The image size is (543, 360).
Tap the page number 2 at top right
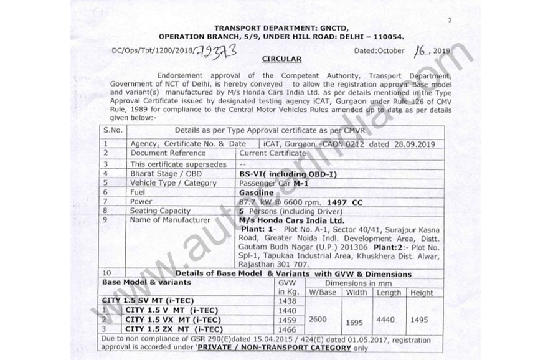(x=449, y=21)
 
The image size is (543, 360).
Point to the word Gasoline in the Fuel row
(x=257, y=193)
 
